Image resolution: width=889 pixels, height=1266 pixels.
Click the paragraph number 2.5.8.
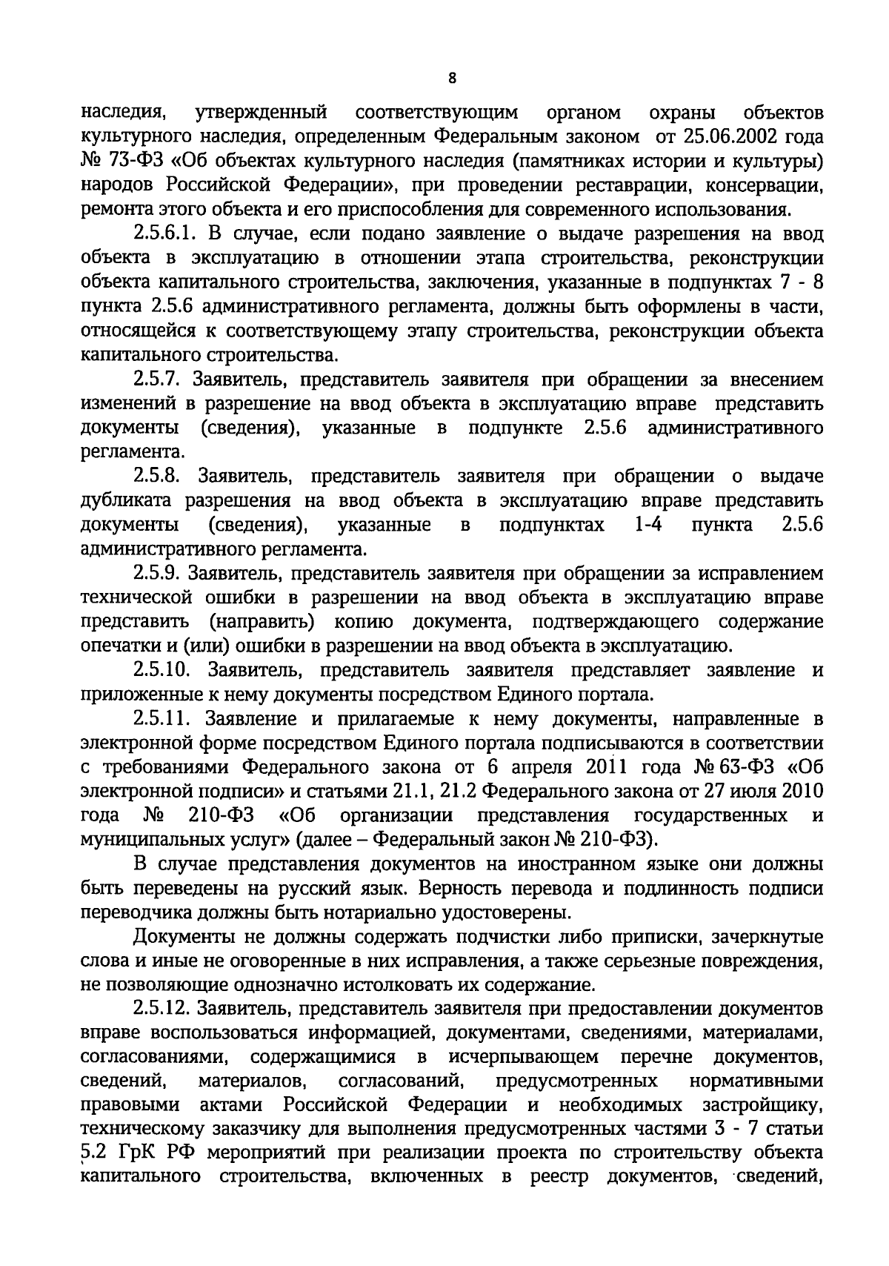tap(159, 477)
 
